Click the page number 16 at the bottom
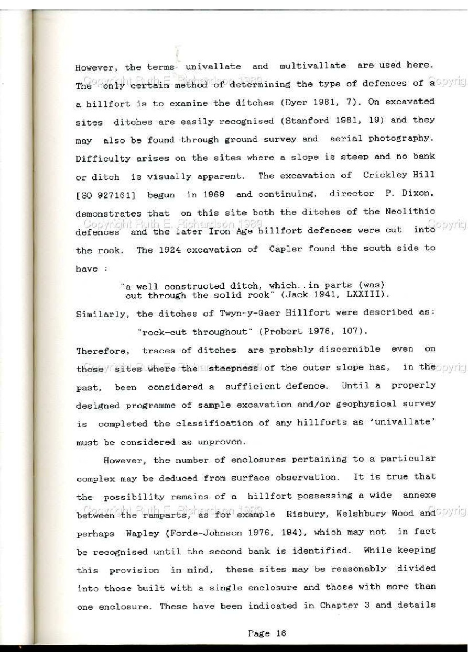click(281, 633)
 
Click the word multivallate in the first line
click(312, 66)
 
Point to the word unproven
click(220, 442)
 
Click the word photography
click(401, 139)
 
